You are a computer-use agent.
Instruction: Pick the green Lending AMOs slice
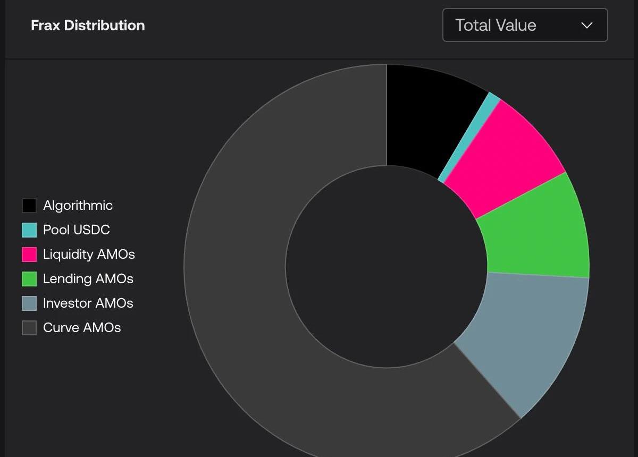(x=537, y=228)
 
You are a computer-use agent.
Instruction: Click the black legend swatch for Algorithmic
(x=29, y=206)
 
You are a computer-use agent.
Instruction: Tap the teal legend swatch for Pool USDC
(x=29, y=230)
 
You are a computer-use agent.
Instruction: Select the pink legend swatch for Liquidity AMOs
(x=29, y=255)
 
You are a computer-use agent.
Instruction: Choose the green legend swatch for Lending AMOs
(x=29, y=279)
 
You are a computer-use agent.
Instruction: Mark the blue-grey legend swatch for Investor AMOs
(x=29, y=303)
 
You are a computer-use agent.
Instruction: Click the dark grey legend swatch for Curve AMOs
(x=29, y=328)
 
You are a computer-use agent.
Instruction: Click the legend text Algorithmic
(x=78, y=206)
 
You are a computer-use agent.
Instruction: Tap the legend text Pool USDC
(x=76, y=230)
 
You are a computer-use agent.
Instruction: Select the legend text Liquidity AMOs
(x=89, y=255)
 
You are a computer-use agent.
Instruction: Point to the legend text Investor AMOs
(x=88, y=303)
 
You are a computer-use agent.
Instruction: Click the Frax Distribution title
(x=88, y=26)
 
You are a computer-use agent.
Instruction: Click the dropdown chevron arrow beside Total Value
(x=587, y=26)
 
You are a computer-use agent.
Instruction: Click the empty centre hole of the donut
(x=387, y=266)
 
